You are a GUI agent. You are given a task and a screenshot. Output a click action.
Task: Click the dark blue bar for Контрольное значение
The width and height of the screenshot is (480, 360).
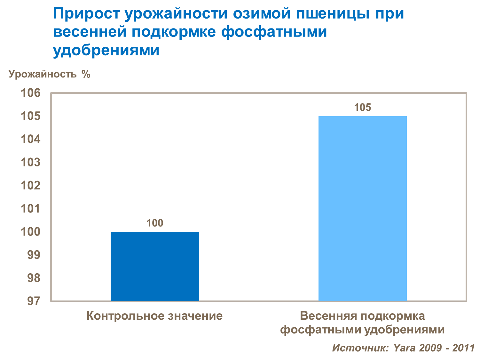pyautogui.click(x=155, y=266)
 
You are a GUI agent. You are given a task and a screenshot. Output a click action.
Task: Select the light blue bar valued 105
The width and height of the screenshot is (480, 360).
pyautogui.click(x=362, y=209)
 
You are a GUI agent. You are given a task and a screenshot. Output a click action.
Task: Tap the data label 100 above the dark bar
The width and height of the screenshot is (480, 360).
pyautogui.click(x=155, y=223)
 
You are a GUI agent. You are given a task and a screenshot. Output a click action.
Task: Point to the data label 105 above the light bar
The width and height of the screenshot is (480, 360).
pyautogui.click(x=362, y=108)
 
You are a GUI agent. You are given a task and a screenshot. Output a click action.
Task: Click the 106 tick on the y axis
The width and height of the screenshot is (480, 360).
pyautogui.click(x=31, y=93)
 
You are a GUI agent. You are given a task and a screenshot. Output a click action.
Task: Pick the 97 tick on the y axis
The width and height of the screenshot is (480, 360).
pyautogui.click(x=34, y=301)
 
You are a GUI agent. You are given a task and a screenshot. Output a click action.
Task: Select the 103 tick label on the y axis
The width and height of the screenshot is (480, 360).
pyautogui.click(x=31, y=163)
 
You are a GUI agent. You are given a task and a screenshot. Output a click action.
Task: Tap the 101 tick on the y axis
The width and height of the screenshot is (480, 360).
pyautogui.click(x=31, y=209)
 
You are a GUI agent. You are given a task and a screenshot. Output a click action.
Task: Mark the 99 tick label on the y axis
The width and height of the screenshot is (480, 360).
pyautogui.click(x=34, y=255)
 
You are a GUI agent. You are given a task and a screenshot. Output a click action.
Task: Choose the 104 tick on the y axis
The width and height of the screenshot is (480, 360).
pyautogui.click(x=31, y=140)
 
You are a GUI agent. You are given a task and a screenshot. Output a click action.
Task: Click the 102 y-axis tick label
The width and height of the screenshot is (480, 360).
pyautogui.click(x=31, y=186)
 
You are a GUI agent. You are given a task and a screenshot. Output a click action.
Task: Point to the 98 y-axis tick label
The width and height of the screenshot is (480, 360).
pyautogui.click(x=34, y=278)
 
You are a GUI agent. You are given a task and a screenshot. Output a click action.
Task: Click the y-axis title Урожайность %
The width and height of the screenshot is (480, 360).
pyautogui.click(x=50, y=74)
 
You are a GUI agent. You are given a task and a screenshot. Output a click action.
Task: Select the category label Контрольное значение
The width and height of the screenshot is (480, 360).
pyautogui.click(x=154, y=316)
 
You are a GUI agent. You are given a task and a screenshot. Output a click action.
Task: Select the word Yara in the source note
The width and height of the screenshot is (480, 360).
pyautogui.click(x=404, y=348)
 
